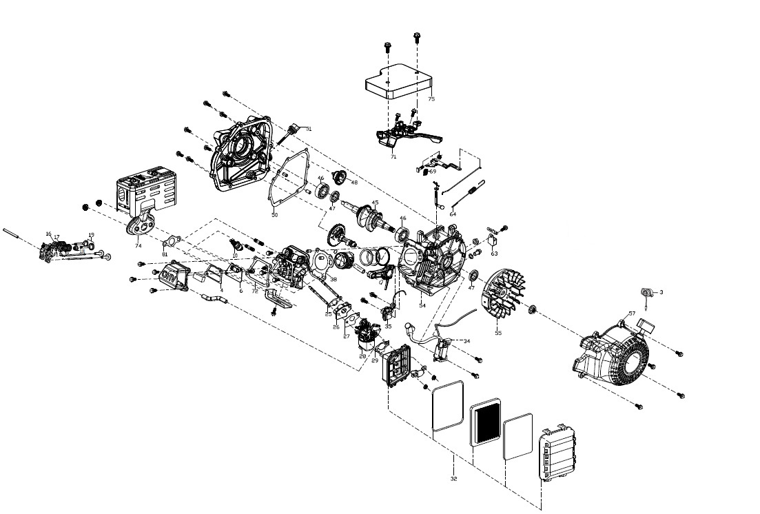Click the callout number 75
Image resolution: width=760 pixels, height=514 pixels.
coord(431,99)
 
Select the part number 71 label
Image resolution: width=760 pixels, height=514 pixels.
coord(393,157)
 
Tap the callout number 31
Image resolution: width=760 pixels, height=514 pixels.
coord(309,129)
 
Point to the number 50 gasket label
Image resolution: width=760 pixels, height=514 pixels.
coord(274,216)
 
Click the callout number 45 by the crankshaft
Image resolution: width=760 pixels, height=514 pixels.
coord(375,203)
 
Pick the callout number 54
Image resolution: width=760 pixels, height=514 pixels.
coord(422,305)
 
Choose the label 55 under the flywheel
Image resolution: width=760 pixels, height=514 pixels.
coord(498,333)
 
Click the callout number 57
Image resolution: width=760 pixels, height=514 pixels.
coord(632,314)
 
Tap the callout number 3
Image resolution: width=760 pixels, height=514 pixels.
coord(661,292)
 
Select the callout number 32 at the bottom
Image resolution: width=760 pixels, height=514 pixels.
coord(453,478)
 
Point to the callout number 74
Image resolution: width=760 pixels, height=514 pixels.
coord(138,246)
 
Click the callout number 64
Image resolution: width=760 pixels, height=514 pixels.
coord(453,214)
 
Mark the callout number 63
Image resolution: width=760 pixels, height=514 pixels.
coord(494,254)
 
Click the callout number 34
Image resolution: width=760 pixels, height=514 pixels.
coord(466,341)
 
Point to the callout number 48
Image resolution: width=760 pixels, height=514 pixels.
coord(354,183)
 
